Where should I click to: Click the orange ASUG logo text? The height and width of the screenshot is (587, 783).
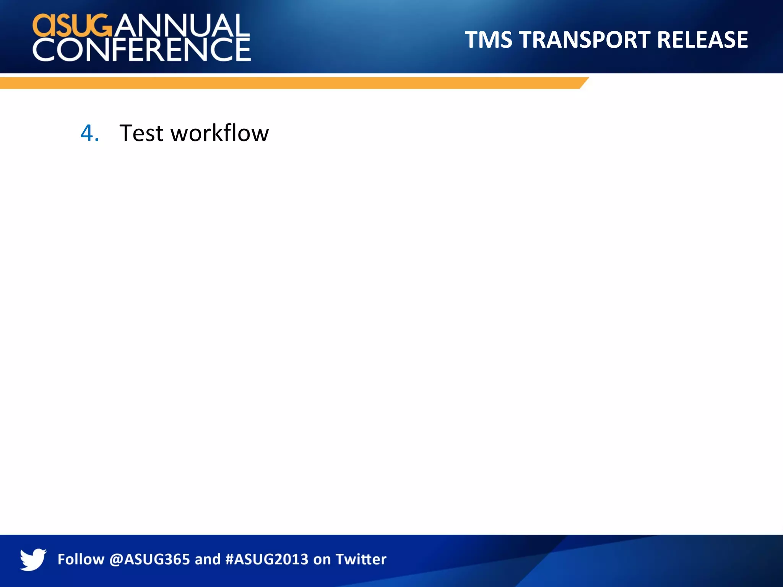pyautogui.click(x=73, y=25)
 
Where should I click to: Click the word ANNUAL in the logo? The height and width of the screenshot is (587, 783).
pyautogui.click(x=182, y=25)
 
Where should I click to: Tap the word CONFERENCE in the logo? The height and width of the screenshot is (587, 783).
pyautogui.click(x=142, y=50)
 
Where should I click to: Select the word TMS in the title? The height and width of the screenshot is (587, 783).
pyautogui.click(x=488, y=40)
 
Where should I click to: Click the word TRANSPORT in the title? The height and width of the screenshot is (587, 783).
pyautogui.click(x=584, y=40)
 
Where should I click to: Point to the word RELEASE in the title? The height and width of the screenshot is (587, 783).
pyautogui.click(x=702, y=40)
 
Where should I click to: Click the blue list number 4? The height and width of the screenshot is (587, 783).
pyautogui.click(x=89, y=133)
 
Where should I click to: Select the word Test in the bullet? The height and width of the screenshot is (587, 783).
pyautogui.click(x=141, y=133)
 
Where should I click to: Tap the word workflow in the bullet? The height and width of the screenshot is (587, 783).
pyautogui.click(x=219, y=133)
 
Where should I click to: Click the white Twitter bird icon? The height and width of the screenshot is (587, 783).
pyautogui.click(x=33, y=559)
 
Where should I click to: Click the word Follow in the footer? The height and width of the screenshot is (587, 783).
pyautogui.click(x=81, y=559)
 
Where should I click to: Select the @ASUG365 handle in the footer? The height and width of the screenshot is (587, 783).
pyautogui.click(x=149, y=559)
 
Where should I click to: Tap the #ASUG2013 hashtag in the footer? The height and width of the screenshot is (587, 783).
pyautogui.click(x=267, y=559)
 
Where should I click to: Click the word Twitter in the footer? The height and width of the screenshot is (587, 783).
pyautogui.click(x=361, y=559)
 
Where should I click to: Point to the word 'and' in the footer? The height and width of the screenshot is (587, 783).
pyautogui.click(x=208, y=559)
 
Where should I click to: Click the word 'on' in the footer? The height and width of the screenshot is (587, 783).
pyautogui.click(x=322, y=559)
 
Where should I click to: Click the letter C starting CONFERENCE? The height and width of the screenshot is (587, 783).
pyautogui.click(x=44, y=50)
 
